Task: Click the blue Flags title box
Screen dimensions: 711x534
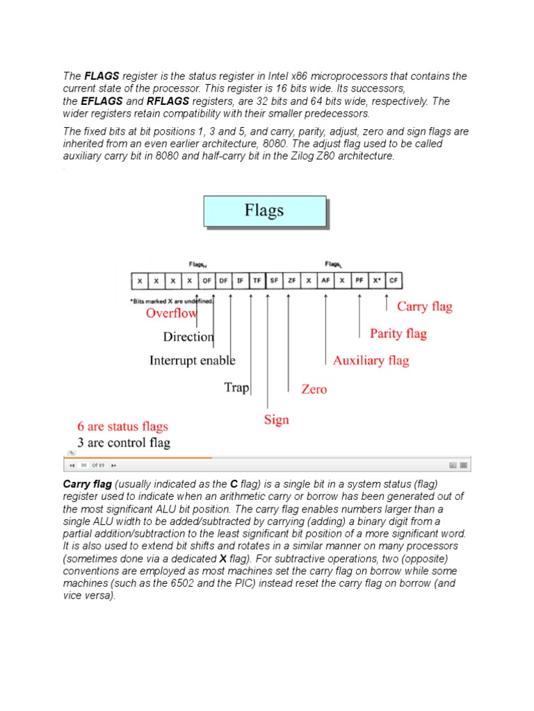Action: pyautogui.click(x=264, y=211)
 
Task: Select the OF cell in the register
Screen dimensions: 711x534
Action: pyautogui.click(x=207, y=281)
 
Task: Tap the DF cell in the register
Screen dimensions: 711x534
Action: pyautogui.click(x=223, y=281)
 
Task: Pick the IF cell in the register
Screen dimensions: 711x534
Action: pyautogui.click(x=240, y=281)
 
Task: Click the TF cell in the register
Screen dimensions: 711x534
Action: pyautogui.click(x=257, y=281)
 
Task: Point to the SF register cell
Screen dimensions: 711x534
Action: pyautogui.click(x=274, y=281)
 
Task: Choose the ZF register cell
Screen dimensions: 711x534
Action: pyautogui.click(x=291, y=281)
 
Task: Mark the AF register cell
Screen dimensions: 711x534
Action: pyautogui.click(x=325, y=281)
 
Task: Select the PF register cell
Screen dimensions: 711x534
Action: pyautogui.click(x=359, y=281)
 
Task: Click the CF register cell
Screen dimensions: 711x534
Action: pyautogui.click(x=394, y=281)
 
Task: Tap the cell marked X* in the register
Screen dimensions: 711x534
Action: pyautogui.click(x=376, y=281)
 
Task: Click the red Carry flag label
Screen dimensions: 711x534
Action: pyautogui.click(x=424, y=306)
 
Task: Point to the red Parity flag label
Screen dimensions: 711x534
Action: pyautogui.click(x=398, y=333)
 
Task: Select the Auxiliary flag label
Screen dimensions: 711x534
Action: pyautogui.click(x=371, y=360)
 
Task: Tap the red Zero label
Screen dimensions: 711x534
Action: pyautogui.click(x=314, y=389)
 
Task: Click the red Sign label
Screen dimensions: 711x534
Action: pyautogui.click(x=276, y=419)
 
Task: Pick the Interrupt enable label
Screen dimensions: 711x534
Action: pyautogui.click(x=192, y=360)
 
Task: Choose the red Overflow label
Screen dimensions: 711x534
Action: pyautogui.click(x=171, y=313)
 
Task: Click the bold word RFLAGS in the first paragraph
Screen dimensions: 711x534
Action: pyautogui.click(x=168, y=101)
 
